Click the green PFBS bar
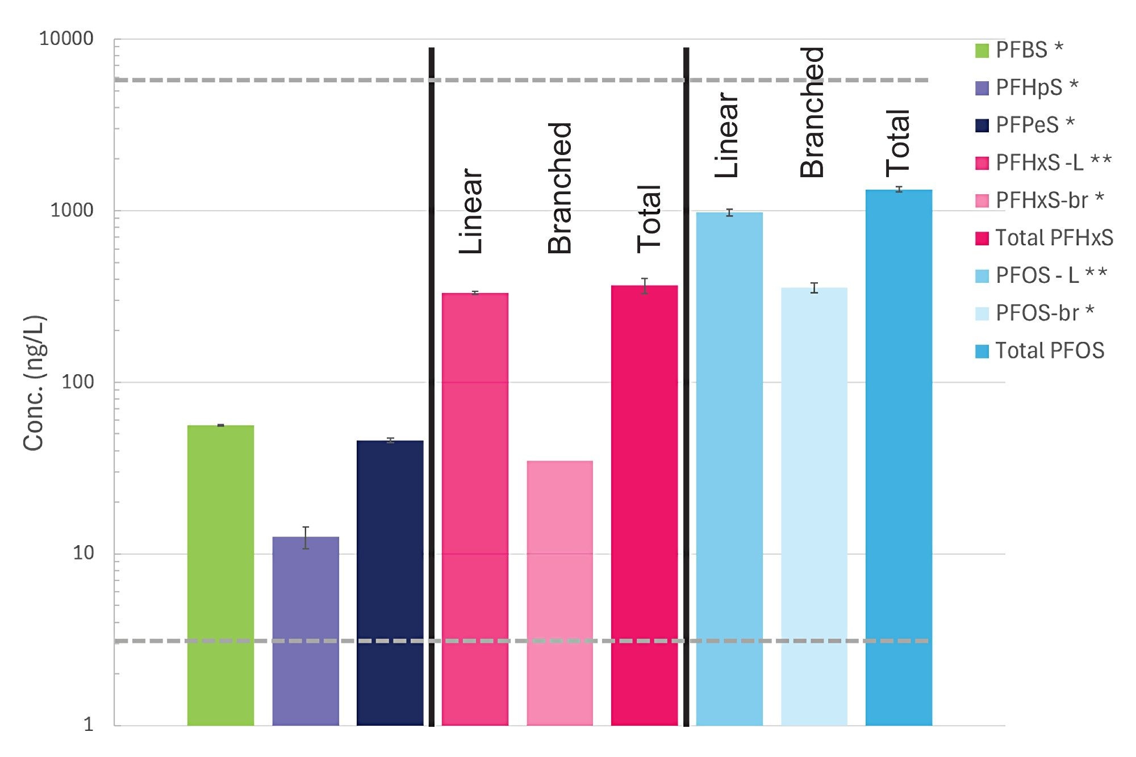click(x=220, y=574)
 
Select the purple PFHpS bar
click(x=306, y=630)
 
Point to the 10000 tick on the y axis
click(x=66, y=39)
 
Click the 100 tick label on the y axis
click(x=77, y=382)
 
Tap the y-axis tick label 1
click(x=88, y=725)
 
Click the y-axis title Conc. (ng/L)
click(x=34, y=383)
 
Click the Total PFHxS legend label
click(x=1054, y=238)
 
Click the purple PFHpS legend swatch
click(x=982, y=88)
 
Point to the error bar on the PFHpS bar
click(x=306, y=537)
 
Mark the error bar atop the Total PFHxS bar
click(x=644, y=286)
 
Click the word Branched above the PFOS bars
click(x=812, y=112)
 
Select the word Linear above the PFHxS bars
click(x=471, y=211)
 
